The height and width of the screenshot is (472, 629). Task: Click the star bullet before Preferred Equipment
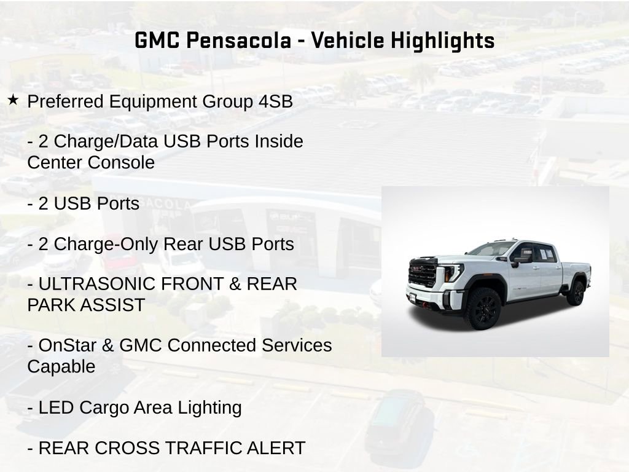click(x=13, y=100)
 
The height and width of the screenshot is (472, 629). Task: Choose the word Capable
click(x=61, y=367)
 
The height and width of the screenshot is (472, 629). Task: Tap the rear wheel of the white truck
click(x=576, y=293)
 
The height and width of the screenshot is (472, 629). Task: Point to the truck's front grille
click(x=423, y=273)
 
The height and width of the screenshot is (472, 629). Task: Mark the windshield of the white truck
click(x=491, y=249)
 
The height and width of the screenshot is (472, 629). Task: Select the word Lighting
click(x=209, y=407)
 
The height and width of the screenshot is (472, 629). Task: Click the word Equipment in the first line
click(x=145, y=101)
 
